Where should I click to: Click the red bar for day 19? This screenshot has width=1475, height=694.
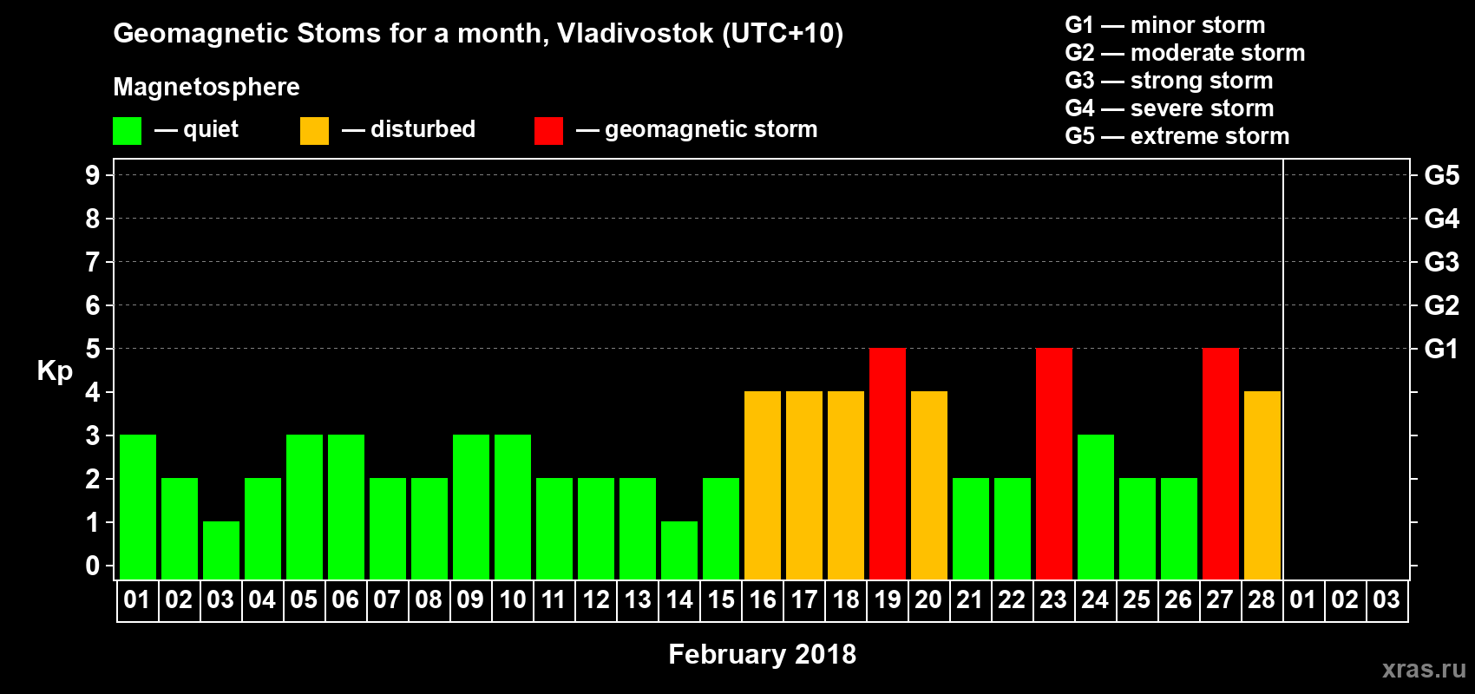tap(887, 463)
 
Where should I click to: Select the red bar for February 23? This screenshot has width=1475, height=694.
tap(1053, 463)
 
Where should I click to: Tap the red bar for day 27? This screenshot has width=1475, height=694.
tap(1220, 463)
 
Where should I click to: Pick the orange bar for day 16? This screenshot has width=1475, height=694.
tap(763, 485)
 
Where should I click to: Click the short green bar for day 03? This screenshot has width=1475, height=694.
tap(220, 551)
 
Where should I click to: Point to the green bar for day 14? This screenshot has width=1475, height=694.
tap(678, 551)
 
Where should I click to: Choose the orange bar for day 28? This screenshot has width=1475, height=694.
tap(1262, 485)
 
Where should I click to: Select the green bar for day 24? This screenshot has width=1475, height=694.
tap(1096, 507)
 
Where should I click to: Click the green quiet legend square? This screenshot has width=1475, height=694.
tap(127, 130)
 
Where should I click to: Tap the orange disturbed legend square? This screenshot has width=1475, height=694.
tap(314, 130)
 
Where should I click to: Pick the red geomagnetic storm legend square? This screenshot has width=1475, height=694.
tap(548, 130)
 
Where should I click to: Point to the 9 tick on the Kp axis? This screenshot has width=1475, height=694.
tap(92, 175)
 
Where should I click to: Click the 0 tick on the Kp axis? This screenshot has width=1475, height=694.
tap(92, 566)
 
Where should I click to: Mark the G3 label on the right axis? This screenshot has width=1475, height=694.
tap(1441, 262)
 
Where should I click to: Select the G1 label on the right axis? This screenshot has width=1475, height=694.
tap(1441, 349)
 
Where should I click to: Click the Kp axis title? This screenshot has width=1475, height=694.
tap(55, 371)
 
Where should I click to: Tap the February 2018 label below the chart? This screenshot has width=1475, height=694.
tap(763, 654)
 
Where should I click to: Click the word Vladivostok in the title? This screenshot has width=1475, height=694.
tap(635, 34)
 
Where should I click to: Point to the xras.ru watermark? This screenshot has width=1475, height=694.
tap(1424, 670)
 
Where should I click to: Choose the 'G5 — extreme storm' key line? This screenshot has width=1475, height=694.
tap(1177, 136)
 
